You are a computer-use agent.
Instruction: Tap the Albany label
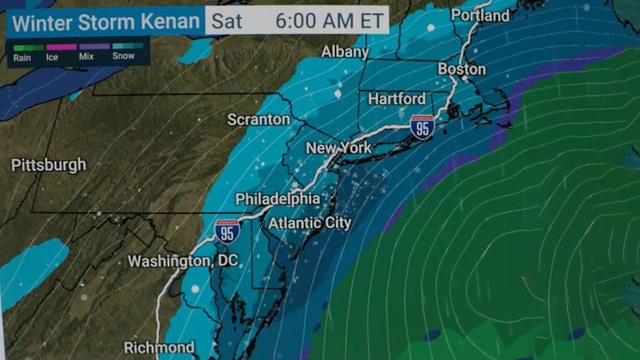344,51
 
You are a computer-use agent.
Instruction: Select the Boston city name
461,70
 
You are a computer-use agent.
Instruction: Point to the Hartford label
396,98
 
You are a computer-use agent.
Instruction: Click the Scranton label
258,119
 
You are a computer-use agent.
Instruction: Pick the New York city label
338,148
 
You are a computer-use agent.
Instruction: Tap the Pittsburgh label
48,165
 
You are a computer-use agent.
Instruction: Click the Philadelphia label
278,199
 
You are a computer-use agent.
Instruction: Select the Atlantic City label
310,223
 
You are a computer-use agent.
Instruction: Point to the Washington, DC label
169,261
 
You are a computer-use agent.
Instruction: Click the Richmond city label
159,347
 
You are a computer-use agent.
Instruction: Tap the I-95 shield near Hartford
422,126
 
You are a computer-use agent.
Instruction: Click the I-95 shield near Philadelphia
227,232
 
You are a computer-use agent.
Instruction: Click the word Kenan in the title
168,20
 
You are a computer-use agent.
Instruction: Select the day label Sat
229,20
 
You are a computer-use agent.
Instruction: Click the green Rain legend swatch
21,47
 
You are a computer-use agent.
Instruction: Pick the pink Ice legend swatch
55,47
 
